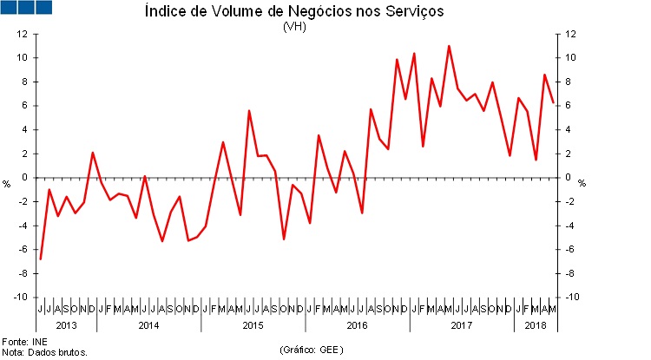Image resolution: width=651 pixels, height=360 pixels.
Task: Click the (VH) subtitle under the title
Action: pos(294,26)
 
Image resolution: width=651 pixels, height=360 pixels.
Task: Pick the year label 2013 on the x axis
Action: pos(67,325)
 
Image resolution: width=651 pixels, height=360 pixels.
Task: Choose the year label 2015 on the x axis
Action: pos(253,325)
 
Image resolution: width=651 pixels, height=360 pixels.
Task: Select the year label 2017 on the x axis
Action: pos(461,325)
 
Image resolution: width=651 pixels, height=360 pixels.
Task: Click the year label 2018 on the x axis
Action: pos(535,325)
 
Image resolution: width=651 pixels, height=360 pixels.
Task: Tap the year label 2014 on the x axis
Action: pos(148,325)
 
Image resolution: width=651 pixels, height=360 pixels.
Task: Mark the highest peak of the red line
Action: pos(449,46)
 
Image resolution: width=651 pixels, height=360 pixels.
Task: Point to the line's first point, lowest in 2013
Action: pos(41,259)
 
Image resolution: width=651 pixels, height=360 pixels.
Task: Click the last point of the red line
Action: pos(553,102)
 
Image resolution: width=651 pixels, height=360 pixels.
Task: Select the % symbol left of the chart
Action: pos(7,184)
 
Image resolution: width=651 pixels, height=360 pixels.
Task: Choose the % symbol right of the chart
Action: pos(582,184)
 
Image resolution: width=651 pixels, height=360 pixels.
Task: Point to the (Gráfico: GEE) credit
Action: pos(312,350)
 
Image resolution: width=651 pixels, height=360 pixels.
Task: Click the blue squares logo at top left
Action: pos(27,8)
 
